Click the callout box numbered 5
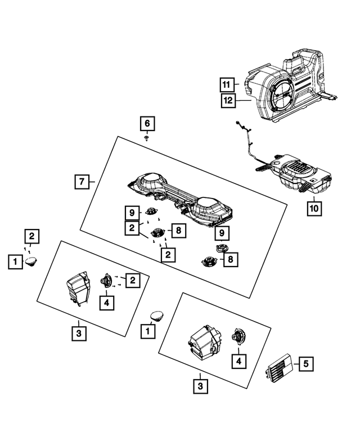click(305, 364)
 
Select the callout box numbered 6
click(146, 123)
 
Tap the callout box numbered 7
click(82, 182)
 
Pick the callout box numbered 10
click(314, 208)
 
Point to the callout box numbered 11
click(227, 85)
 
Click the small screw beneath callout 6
click(146, 137)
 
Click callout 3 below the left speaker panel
click(79, 334)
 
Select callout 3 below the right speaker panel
click(199, 386)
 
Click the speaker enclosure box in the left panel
click(78, 287)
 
